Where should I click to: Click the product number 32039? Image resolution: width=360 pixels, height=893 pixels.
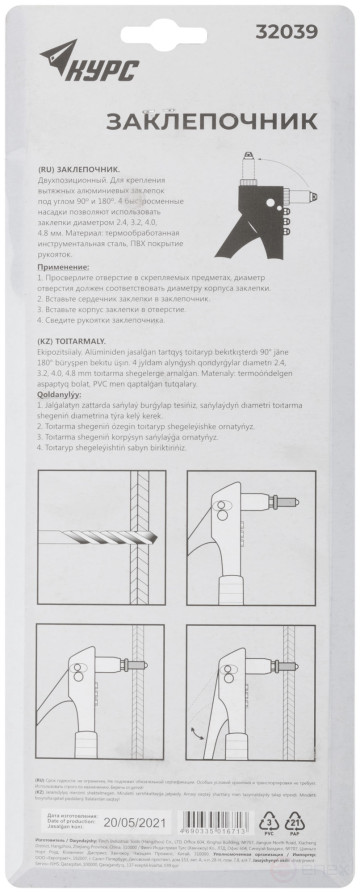coord(290,31)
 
